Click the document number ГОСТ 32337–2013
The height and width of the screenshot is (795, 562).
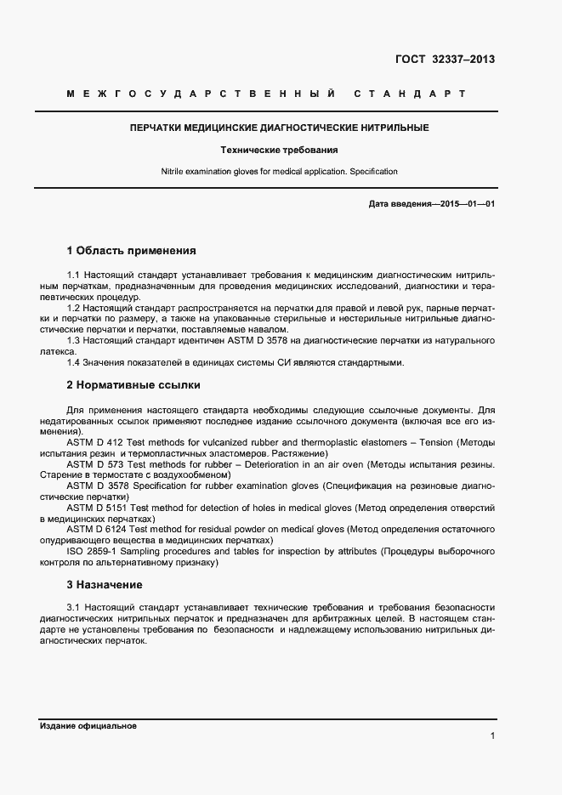pyautogui.click(x=445, y=60)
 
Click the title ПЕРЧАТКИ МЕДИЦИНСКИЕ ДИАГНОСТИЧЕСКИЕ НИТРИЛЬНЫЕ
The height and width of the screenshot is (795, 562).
pyautogui.click(x=279, y=128)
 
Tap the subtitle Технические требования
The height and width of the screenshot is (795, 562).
pyautogui.click(x=279, y=150)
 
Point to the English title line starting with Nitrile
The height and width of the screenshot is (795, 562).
pyautogui.click(x=279, y=172)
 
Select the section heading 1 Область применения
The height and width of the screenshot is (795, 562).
pyautogui.click(x=131, y=251)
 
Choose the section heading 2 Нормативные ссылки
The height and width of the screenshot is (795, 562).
pyautogui.click(x=133, y=385)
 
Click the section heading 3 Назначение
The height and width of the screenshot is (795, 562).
pyautogui.click(x=105, y=585)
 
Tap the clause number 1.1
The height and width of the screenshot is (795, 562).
pyautogui.click(x=73, y=275)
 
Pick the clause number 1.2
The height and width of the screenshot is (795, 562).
pyautogui.click(x=73, y=308)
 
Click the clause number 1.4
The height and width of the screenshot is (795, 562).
pyautogui.click(x=73, y=363)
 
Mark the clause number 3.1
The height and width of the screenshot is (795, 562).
pyautogui.click(x=73, y=608)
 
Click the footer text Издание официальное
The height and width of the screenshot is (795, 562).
pyautogui.click(x=88, y=726)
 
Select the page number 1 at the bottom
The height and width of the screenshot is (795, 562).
pyautogui.click(x=492, y=735)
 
